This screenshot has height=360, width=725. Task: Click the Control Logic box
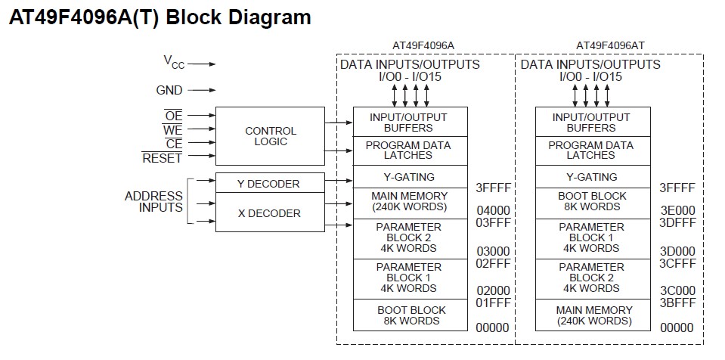coord(270,136)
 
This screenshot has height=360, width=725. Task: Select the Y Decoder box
coord(269,184)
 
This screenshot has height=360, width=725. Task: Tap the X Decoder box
coord(269,213)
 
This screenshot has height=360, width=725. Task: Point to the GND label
coord(169,90)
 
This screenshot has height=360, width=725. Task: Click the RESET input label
coord(163,158)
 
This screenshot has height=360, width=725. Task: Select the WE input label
coord(173,129)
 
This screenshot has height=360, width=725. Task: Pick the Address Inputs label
coord(154,201)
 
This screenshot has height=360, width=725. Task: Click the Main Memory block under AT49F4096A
coord(411,202)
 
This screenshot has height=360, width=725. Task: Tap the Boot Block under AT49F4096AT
coord(593,201)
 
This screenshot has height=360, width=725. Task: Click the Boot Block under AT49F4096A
coord(411,315)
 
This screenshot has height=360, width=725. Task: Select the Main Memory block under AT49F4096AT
coord(593,315)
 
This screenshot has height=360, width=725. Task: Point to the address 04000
coord(493,210)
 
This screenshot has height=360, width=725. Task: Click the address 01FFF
coord(493,303)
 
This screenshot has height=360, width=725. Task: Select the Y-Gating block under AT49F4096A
coord(411,177)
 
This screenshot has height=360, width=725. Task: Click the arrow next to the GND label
coord(201,90)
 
